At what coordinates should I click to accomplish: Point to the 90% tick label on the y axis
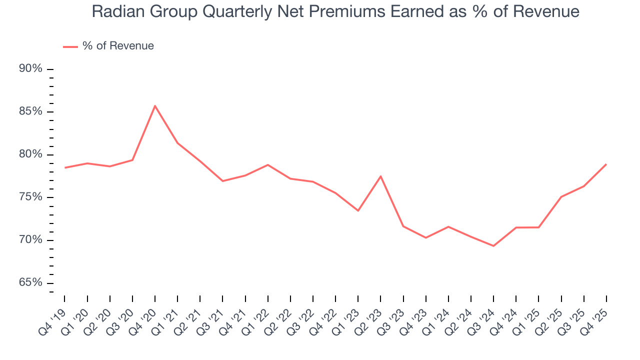(x=30, y=69)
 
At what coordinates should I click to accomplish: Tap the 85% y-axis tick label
(x=30, y=111)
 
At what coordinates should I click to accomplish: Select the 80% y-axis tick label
(x=30, y=154)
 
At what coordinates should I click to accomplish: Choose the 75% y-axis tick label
(x=30, y=197)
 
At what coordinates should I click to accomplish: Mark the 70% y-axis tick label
(x=30, y=240)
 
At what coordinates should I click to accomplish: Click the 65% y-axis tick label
(x=30, y=283)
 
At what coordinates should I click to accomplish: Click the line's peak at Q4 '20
(x=155, y=105)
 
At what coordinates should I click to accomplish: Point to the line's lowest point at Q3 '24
(x=493, y=246)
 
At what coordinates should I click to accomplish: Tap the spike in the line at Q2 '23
(x=380, y=176)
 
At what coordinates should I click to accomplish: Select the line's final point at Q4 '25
(x=606, y=164)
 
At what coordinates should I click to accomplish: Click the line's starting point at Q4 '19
(x=65, y=167)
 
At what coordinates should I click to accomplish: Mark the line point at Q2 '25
(x=561, y=197)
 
